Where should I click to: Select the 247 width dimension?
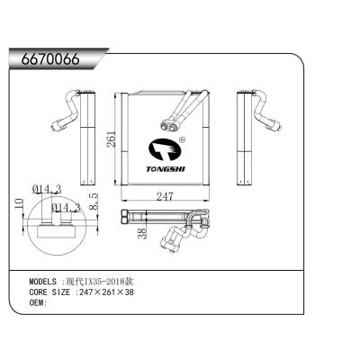[x=162, y=195]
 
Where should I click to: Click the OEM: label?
[x=38, y=303]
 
